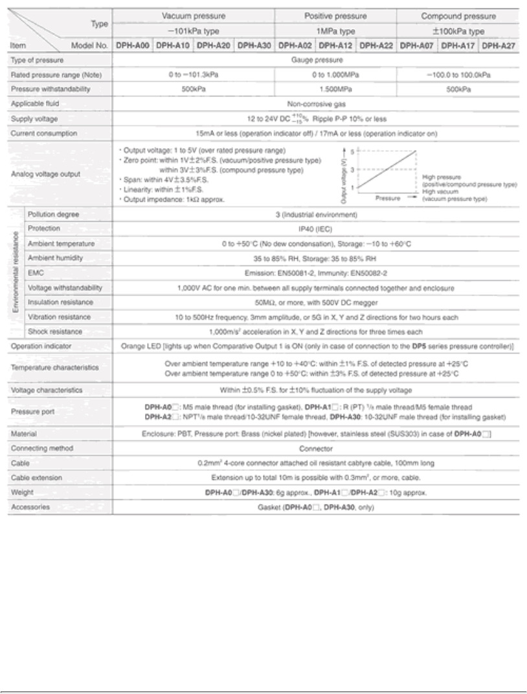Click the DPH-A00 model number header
point(133,45)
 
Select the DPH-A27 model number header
point(499,45)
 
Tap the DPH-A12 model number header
point(336,45)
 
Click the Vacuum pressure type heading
point(194,15)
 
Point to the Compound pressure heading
point(458,15)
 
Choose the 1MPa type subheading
point(335,30)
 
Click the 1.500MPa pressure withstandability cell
point(335,89)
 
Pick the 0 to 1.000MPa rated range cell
point(335,74)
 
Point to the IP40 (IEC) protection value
point(316,228)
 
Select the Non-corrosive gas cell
point(316,103)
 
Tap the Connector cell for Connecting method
point(316,448)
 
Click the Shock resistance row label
point(55,331)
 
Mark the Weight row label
point(23,492)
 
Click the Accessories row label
point(30,507)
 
